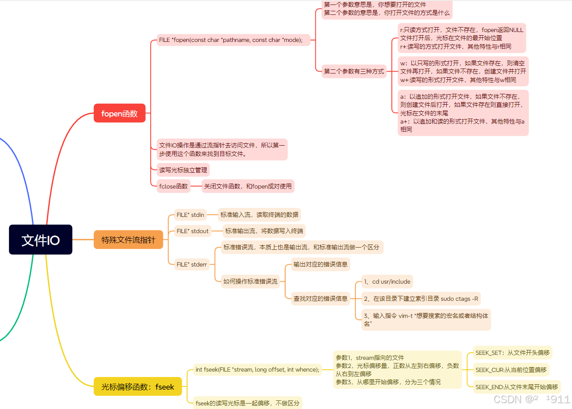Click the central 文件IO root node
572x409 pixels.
(41, 239)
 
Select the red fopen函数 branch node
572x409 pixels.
(120, 113)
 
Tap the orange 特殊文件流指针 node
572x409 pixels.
(128, 239)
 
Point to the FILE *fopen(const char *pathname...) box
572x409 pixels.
(231, 40)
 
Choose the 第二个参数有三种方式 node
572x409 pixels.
(354, 71)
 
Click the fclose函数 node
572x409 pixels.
(173, 186)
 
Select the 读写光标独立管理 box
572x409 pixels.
(183, 170)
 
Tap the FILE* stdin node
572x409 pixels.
(190, 215)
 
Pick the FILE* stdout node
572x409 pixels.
(193, 231)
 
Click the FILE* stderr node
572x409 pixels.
(192, 264)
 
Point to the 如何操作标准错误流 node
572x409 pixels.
(250, 281)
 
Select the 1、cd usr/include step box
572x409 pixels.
(387, 281)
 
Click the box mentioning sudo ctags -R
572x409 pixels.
(421, 299)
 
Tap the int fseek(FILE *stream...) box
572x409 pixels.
(257, 370)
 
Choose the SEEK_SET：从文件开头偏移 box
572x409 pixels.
(512, 353)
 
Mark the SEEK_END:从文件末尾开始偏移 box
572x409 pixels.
(517, 386)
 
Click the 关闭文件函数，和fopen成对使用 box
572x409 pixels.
(248, 186)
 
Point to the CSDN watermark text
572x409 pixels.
(531, 399)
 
